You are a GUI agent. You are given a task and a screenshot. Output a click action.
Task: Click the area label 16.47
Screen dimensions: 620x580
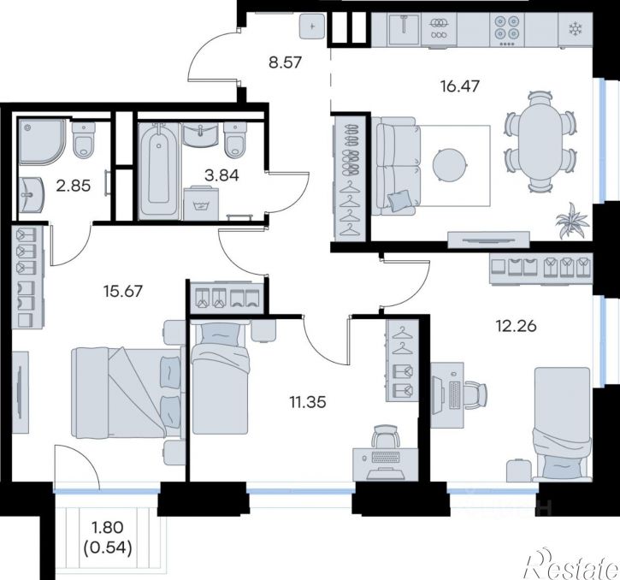[x=459, y=86]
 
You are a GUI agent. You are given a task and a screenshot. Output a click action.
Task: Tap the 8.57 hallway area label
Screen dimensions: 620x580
[x=285, y=62]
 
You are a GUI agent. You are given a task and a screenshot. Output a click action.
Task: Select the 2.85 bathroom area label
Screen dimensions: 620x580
[x=74, y=185]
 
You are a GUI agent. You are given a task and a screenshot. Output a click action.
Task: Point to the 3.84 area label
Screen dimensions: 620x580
[x=221, y=175]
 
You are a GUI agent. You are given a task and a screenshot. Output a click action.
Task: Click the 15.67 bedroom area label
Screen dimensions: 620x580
[x=122, y=291]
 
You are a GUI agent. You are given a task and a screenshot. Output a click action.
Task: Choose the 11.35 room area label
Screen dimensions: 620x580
[x=308, y=402]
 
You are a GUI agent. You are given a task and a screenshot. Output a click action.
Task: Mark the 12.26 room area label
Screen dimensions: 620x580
[x=516, y=326]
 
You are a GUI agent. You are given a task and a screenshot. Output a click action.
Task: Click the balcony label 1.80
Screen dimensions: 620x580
[x=107, y=527]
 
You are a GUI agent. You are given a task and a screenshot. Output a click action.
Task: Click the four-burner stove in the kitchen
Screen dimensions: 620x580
[x=507, y=29]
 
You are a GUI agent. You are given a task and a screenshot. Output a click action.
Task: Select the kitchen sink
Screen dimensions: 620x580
[x=404, y=29]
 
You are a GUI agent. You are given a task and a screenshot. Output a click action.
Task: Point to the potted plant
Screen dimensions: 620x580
[x=573, y=221]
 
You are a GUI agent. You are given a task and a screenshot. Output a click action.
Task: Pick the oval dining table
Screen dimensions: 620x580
[x=540, y=141]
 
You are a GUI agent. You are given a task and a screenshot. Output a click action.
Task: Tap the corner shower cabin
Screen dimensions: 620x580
[x=42, y=141]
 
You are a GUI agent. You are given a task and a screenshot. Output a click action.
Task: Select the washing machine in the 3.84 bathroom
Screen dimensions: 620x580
[x=201, y=203]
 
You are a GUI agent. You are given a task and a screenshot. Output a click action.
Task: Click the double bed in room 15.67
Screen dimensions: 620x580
[x=127, y=393]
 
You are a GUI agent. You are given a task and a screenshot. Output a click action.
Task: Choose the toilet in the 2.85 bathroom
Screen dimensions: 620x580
[x=84, y=139]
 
